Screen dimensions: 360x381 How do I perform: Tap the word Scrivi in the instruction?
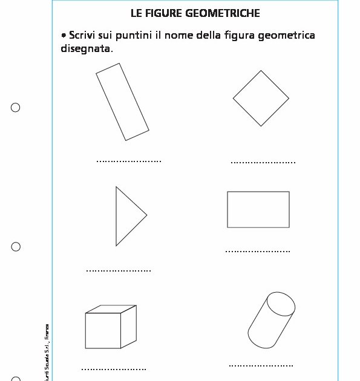tap(83, 36)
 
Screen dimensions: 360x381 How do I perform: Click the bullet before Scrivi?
tap(64, 36)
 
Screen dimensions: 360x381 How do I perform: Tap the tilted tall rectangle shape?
tap(122, 102)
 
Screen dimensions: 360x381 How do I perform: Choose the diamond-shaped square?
tap(261, 98)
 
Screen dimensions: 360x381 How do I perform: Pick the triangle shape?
tap(126, 216)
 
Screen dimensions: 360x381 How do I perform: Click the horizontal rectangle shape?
tap(258, 209)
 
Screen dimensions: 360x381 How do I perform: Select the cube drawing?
tap(110, 328)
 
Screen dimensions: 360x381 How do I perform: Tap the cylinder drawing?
tap(271, 320)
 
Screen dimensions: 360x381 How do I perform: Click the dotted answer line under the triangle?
tap(119, 270)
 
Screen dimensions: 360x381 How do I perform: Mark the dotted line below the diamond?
tap(263, 163)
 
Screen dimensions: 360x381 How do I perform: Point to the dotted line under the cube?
tap(114, 369)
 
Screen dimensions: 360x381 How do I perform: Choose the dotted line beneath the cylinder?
tap(261, 366)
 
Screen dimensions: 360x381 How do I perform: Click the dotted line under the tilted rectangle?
tap(129, 161)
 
